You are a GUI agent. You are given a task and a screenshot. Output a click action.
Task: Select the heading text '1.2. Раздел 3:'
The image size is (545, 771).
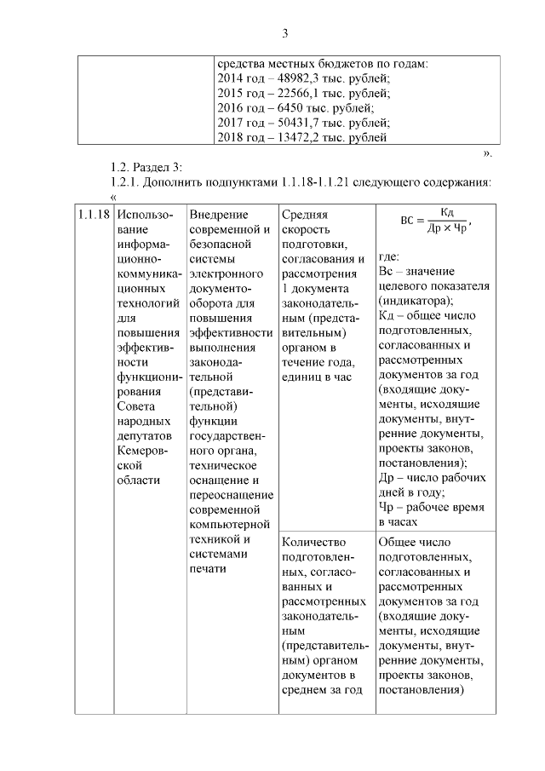click(x=146, y=165)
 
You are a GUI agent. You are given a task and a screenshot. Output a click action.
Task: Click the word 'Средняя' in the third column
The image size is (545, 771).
click(x=304, y=215)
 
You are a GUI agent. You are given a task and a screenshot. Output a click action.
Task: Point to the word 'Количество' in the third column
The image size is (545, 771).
click(x=313, y=542)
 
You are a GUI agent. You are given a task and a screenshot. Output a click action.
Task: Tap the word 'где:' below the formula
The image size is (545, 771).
click(x=389, y=256)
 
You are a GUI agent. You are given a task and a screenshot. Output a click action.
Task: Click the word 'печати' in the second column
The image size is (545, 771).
click(x=209, y=569)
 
